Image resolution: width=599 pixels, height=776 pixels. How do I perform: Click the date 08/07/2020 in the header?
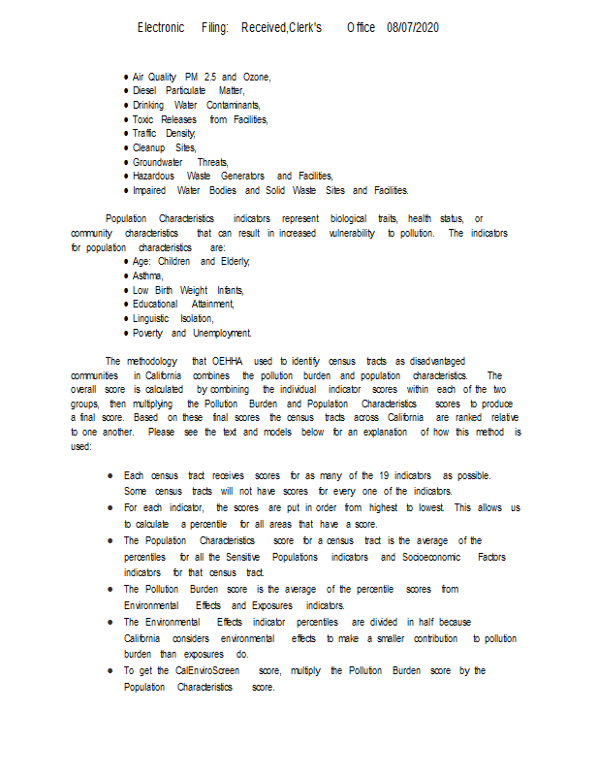click(x=413, y=27)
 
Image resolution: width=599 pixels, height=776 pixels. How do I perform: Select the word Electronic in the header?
click(x=161, y=27)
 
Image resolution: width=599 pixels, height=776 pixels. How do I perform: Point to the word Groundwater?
click(x=157, y=162)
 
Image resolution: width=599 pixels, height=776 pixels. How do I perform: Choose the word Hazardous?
click(x=153, y=177)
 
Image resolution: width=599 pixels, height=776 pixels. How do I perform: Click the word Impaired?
click(x=149, y=190)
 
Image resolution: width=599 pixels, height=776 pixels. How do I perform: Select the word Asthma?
click(x=147, y=275)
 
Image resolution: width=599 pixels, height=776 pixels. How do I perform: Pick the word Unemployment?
click(x=222, y=333)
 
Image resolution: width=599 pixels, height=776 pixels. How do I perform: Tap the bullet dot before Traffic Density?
click(x=126, y=134)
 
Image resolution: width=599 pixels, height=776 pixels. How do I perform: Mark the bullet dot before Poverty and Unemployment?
click(x=126, y=333)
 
